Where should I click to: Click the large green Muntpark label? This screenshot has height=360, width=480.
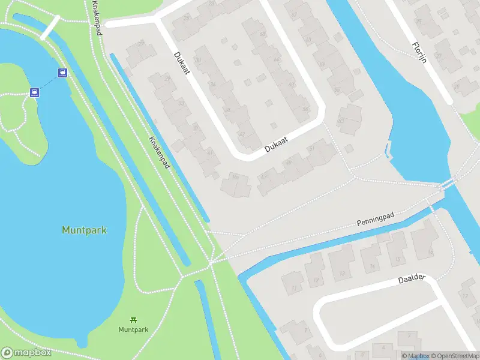coord(84,230)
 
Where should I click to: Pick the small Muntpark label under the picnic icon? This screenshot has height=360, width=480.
coord(133,329)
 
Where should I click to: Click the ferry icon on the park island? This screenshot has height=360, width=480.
coord(35,92)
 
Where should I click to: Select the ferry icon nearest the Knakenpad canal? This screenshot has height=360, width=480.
coord(62,73)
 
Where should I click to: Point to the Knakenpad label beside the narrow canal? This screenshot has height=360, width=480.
coord(158,151)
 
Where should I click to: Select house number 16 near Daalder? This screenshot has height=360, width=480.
coord(430,251)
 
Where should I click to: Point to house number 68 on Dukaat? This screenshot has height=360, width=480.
coord(262,34)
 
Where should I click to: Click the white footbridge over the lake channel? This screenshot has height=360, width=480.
coord(50,26)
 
